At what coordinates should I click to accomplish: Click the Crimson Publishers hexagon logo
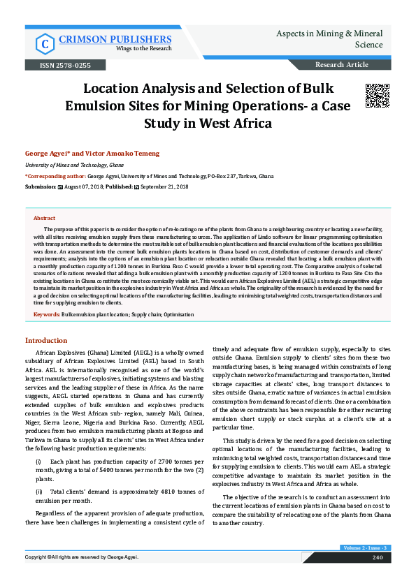45,43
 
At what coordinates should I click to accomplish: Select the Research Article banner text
342,64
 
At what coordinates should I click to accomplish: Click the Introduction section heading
46,340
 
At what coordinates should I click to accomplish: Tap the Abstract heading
44,218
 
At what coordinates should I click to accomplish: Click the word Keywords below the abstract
47,315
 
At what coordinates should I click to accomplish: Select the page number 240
377,557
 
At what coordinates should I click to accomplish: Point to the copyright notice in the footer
82,557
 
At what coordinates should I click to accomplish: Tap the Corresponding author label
55,177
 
